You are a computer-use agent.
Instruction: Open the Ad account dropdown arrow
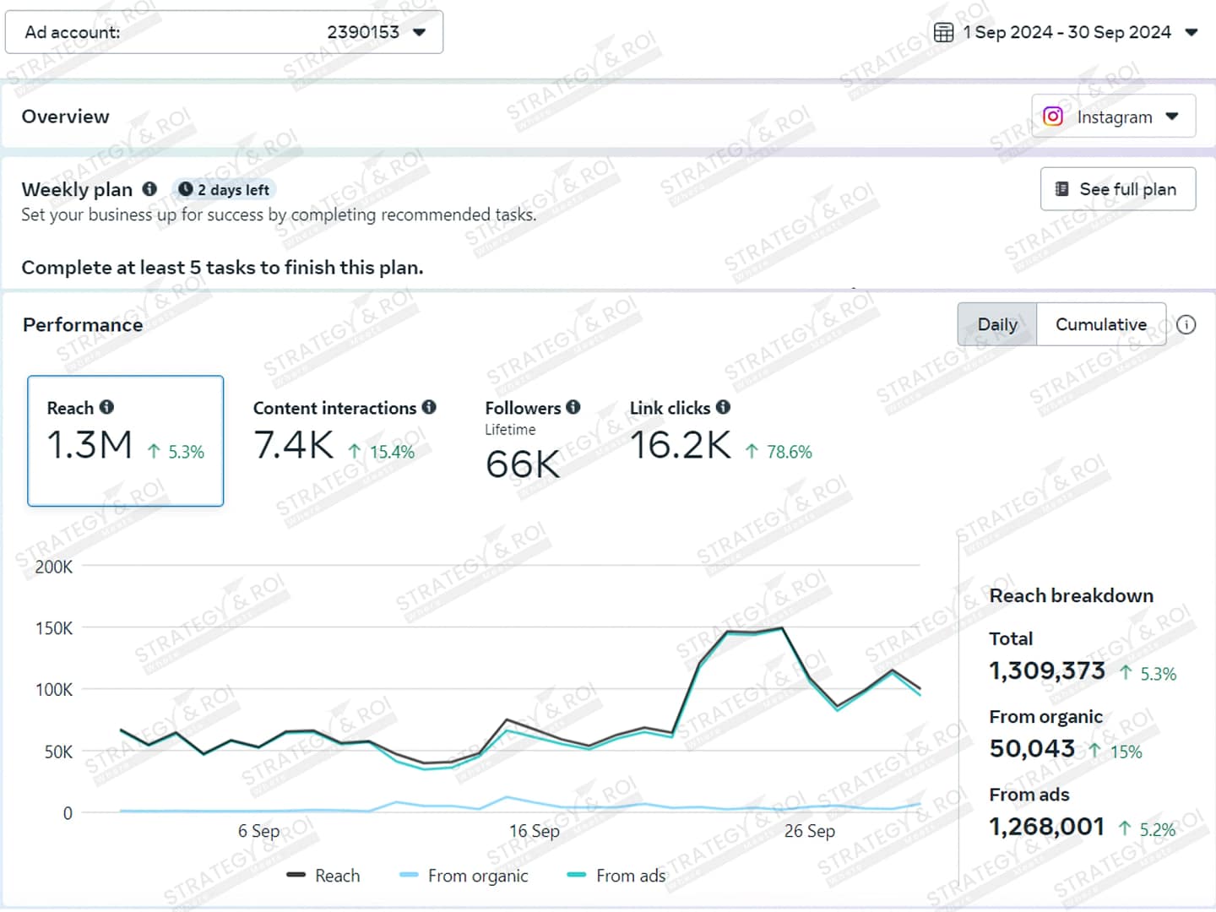click(419, 33)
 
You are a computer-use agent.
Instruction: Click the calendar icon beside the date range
click(943, 33)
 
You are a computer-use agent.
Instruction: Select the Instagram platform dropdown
click(1113, 117)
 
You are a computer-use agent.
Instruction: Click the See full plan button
click(1117, 189)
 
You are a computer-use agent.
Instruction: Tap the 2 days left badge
click(225, 190)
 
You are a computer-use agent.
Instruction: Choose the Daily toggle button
click(996, 325)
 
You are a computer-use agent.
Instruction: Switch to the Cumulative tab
click(1100, 325)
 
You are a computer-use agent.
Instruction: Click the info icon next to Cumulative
click(1186, 325)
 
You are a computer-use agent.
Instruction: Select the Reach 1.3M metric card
click(125, 441)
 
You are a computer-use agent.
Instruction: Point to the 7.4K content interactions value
click(294, 445)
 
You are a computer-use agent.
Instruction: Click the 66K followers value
click(523, 464)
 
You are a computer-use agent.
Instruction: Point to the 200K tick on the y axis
click(54, 567)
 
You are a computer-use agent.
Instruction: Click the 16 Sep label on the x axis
click(534, 831)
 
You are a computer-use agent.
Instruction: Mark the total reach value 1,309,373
click(1046, 671)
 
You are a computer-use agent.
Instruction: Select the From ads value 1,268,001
click(1046, 827)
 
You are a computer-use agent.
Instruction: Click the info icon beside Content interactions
click(429, 407)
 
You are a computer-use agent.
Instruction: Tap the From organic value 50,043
click(1032, 749)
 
